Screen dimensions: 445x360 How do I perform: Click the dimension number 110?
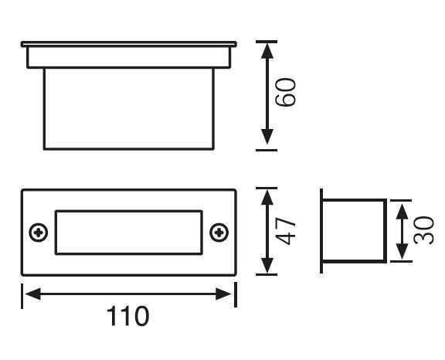coord(127,315)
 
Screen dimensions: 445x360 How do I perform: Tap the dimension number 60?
coord(286,92)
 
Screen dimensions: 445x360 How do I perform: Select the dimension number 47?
coord(286,231)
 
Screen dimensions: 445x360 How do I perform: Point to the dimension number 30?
coord(423,230)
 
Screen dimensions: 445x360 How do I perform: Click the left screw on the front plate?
coord(39,233)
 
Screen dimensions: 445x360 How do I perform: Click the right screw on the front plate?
coord(219,233)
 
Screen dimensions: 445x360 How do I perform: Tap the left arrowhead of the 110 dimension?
coord(32,294)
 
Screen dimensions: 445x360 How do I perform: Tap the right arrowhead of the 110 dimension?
coord(223,294)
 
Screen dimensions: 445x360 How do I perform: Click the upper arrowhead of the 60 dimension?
coord(267,51)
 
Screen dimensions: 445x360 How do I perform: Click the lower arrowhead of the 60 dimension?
coord(267,137)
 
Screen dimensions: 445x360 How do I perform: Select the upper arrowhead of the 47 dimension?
coord(267,197)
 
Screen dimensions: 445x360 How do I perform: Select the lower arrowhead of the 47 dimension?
coord(267,266)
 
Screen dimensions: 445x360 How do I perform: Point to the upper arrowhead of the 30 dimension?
coord(402,210)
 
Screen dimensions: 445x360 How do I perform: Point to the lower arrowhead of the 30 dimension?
coord(402,251)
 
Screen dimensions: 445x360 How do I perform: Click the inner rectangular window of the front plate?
coord(128,210)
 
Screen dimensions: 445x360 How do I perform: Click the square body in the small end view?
coord(386,231)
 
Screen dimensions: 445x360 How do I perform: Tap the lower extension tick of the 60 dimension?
coord(267,150)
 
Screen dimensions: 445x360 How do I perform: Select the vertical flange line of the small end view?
coord(321,231)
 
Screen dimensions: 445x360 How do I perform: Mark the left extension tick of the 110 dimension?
coord(22,296)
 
